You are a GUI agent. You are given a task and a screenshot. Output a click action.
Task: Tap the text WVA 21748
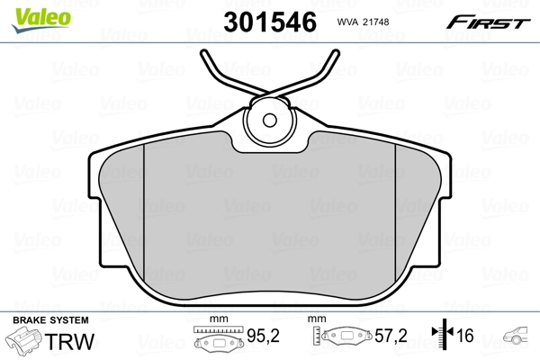coord(364,21)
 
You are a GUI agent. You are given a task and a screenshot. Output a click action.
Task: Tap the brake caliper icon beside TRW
coord(27,342)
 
